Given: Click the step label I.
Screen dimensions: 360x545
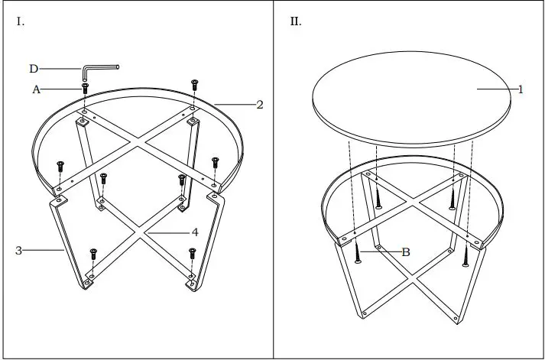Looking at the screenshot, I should click(x=21, y=22).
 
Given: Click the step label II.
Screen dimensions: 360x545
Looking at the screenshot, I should click(x=295, y=22).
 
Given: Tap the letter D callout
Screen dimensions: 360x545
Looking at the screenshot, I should click(x=34, y=69).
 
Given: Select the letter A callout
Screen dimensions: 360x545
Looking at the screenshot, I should click(x=36, y=89).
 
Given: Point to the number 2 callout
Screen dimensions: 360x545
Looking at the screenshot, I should click(x=260, y=105).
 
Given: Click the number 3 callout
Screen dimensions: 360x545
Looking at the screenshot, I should click(x=18, y=249).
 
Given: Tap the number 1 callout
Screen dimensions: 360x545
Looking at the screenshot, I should click(x=521, y=89).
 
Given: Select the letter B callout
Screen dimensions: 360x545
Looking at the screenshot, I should click(x=406, y=251).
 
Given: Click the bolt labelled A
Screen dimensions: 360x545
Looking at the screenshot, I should click(x=85, y=91).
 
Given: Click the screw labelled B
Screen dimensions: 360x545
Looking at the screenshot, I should click(x=357, y=252).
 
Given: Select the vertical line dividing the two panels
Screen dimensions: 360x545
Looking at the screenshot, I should click(x=273, y=180).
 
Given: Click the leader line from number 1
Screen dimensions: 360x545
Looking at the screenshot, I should click(x=497, y=89).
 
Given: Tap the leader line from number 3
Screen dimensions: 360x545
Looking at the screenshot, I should click(x=43, y=249).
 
